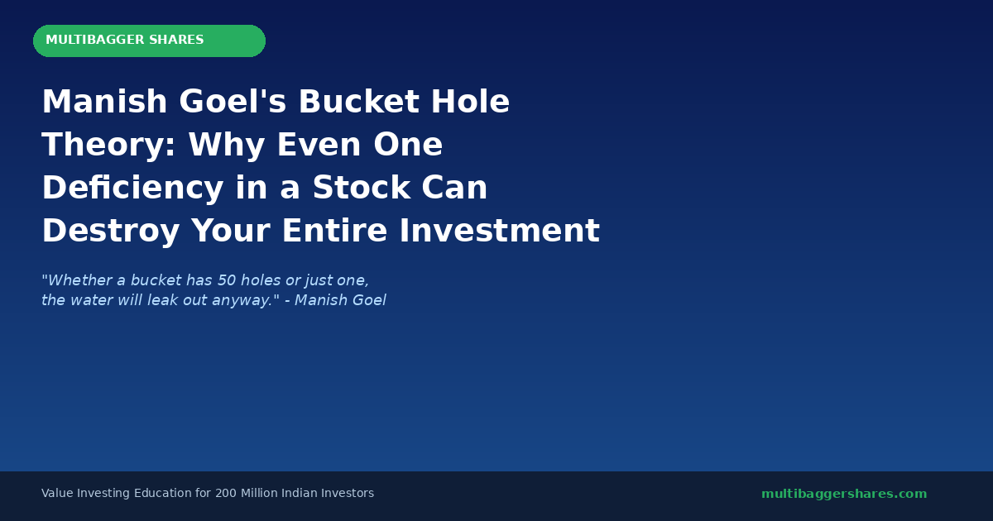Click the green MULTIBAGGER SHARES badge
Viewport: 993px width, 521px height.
149,41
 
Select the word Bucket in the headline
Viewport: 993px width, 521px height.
358,103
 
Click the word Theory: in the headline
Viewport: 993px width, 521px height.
108,146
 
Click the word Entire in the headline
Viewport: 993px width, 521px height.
335,232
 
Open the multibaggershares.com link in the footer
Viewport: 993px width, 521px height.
844,494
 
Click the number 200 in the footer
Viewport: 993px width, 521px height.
226,494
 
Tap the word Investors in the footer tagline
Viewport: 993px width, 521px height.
348,494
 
